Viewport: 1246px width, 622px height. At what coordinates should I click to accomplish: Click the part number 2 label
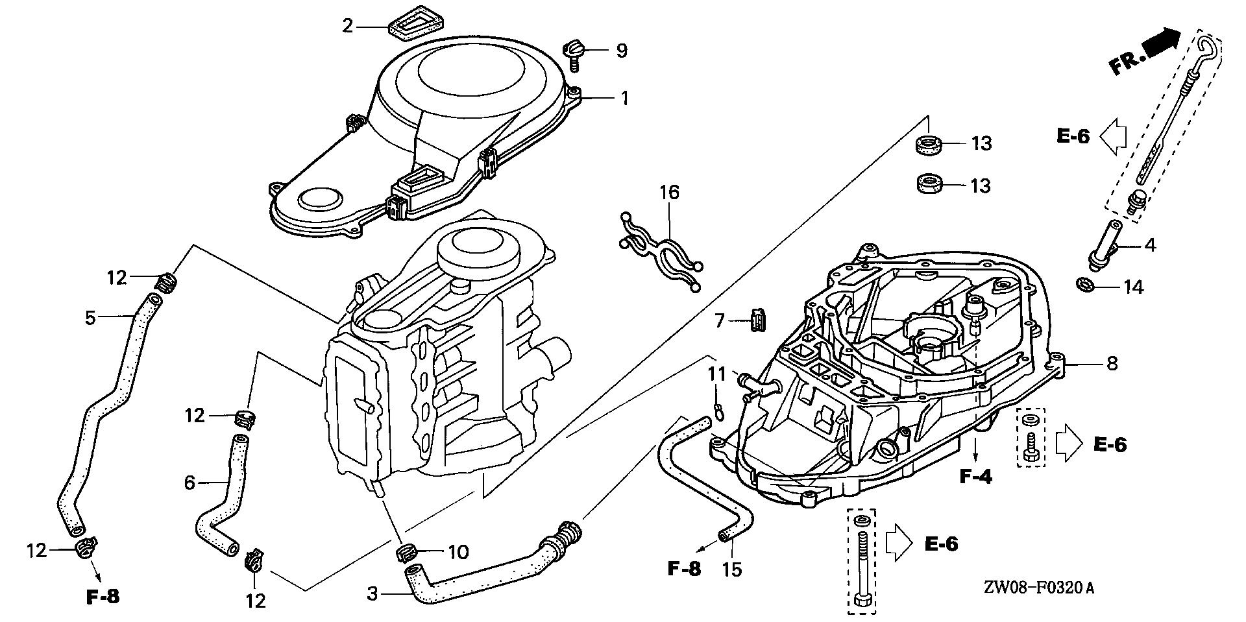click(348, 26)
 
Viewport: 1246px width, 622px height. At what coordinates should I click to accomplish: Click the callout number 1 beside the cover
click(624, 99)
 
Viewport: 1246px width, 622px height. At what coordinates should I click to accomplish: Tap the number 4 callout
click(1150, 246)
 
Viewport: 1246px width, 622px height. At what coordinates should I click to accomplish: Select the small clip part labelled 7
click(757, 320)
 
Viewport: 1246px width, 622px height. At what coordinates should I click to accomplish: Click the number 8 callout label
click(1112, 363)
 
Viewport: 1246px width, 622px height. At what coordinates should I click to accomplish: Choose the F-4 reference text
click(976, 478)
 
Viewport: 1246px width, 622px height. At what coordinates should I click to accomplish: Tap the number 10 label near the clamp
click(458, 552)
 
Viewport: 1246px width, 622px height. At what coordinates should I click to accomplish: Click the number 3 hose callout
click(373, 593)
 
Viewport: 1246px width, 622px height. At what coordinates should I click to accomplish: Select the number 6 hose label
click(189, 482)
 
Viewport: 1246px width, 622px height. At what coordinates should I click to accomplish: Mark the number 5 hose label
click(90, 318)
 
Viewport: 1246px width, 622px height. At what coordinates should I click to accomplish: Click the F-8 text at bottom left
click(103, 597)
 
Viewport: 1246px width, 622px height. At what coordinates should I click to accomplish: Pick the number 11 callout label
click(716, 374)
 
